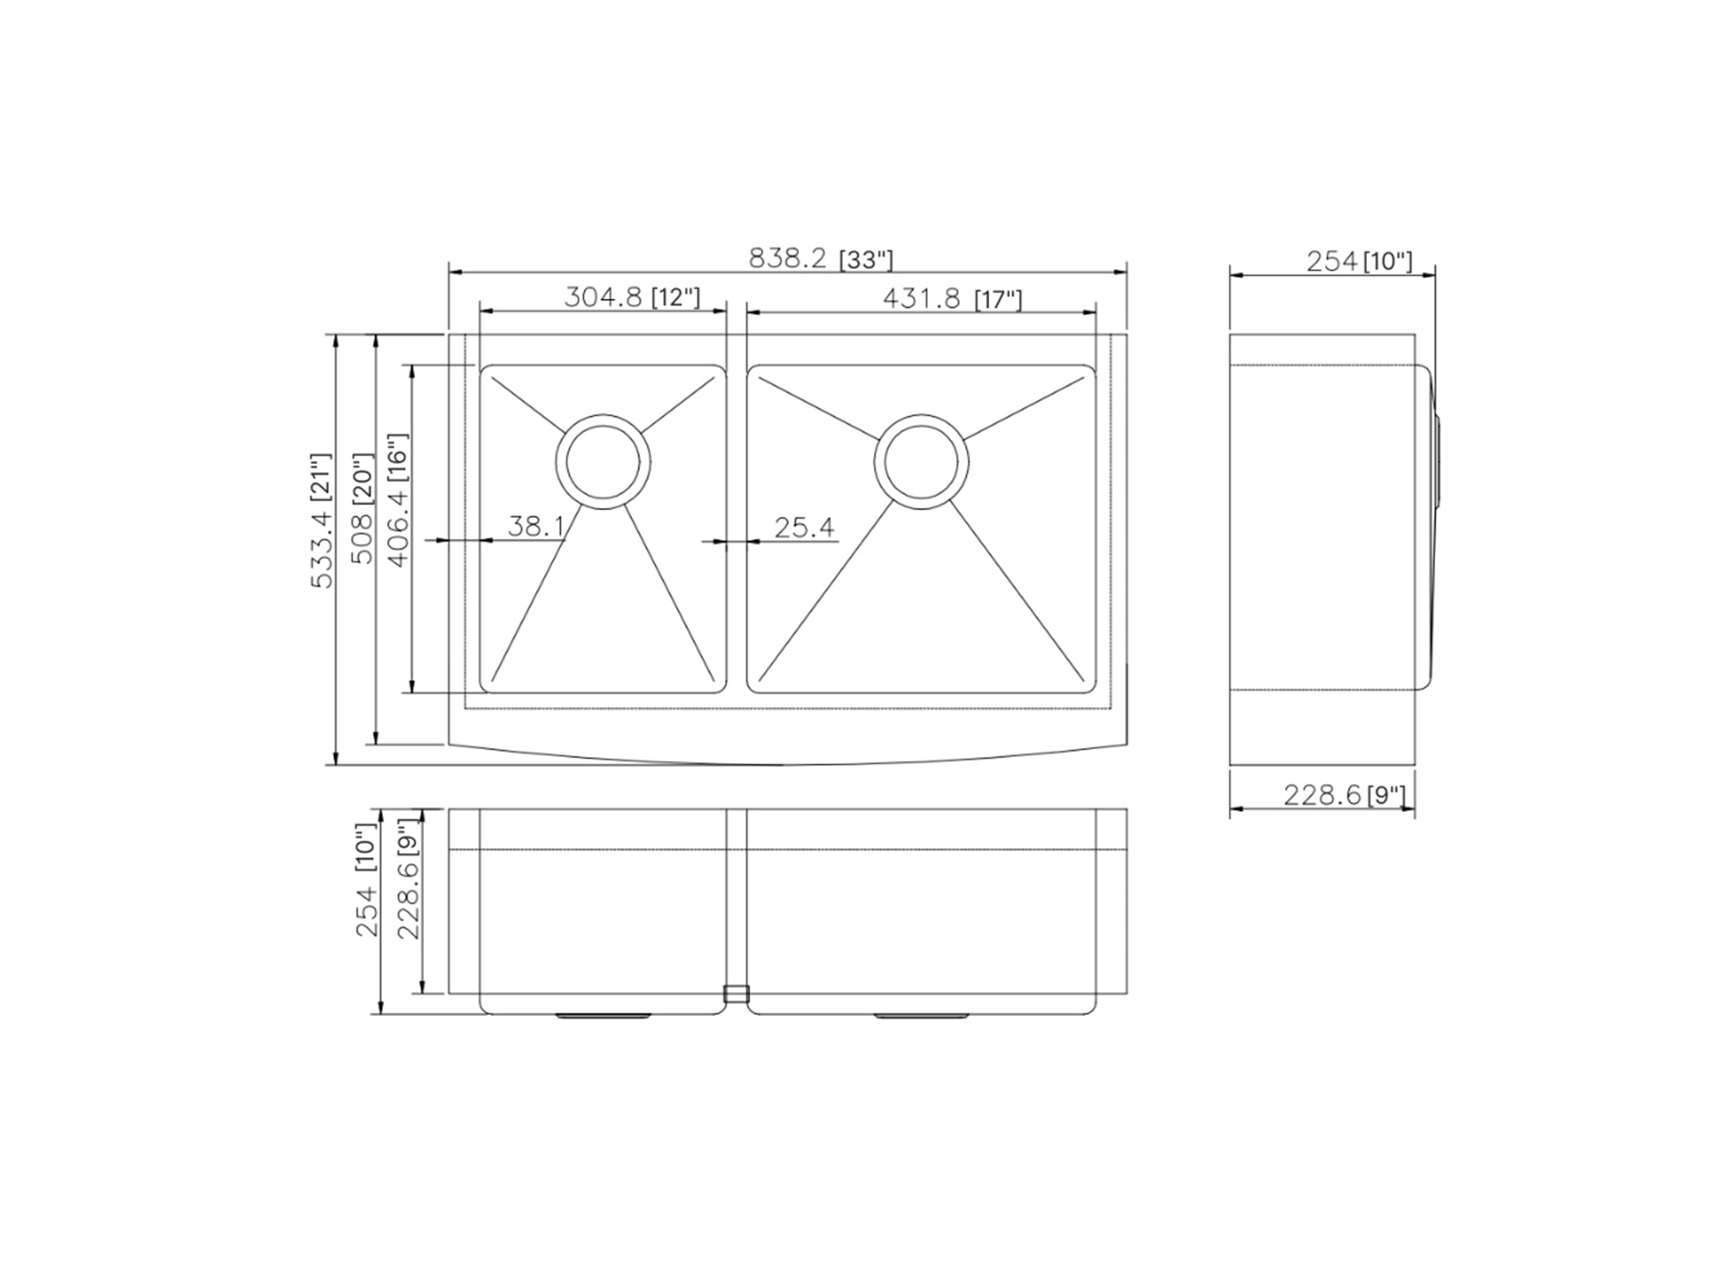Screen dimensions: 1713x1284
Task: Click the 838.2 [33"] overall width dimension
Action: (x=821, y=259)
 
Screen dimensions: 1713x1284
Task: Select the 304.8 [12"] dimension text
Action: (x=632, y=297)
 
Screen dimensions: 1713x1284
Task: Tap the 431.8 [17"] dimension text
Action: (x=952, y=299)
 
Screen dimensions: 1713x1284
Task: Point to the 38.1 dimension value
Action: (x=536, y=526)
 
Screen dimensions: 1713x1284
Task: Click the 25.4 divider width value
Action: (x=804, y=527)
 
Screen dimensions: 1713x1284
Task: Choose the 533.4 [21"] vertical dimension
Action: (x=320, y=520)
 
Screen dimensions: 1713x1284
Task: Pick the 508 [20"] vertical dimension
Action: (x=363, y=508)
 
